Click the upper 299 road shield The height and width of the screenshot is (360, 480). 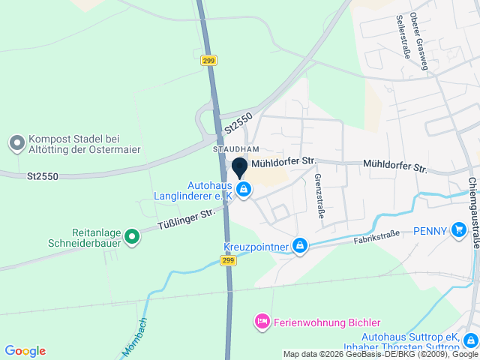209,61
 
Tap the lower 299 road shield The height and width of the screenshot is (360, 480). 229,260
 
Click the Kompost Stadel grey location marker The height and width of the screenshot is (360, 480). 16,142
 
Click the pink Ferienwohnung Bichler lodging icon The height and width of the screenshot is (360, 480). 262,322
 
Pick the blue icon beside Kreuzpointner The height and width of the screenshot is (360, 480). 300,245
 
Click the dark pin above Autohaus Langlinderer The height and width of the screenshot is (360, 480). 240,168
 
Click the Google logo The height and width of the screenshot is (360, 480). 25,351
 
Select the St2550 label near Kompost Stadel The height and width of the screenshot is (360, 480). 43,177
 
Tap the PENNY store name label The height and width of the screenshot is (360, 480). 430,231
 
